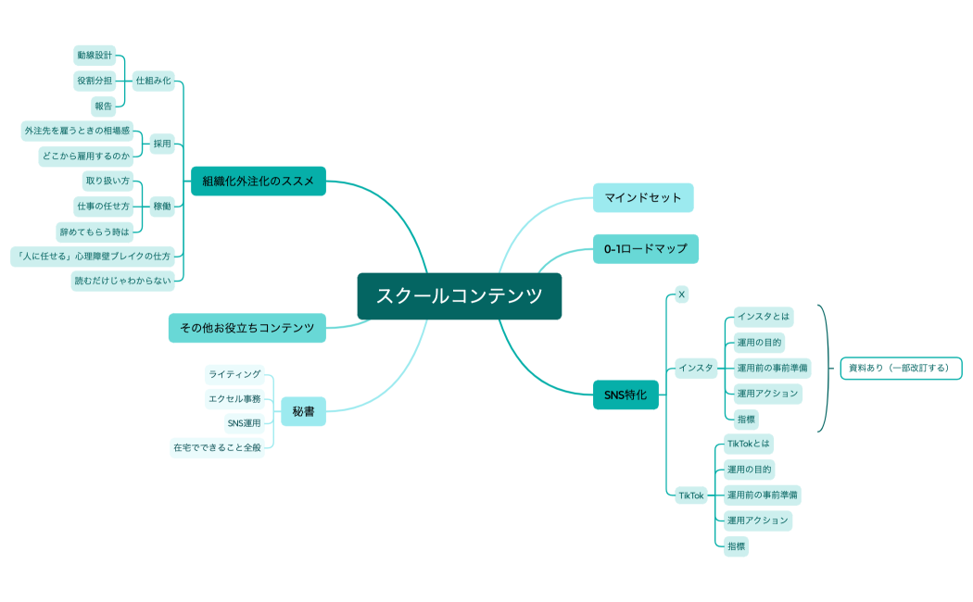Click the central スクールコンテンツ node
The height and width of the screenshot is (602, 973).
click(459, 296)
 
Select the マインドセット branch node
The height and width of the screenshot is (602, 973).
click(643, 197)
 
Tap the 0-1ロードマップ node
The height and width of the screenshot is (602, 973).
click(646, 248)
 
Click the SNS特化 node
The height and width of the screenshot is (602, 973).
click(625, 395)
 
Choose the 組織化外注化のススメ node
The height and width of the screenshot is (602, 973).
click(259, 181)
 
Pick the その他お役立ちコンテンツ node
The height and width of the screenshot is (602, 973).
click(246, 328)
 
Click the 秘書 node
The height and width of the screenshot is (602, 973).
click(303, 411)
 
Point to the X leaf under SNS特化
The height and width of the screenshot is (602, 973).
click(681, 295)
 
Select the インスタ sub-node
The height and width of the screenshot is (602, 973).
click(696, 368)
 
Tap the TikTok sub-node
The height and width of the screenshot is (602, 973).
click(691, 495)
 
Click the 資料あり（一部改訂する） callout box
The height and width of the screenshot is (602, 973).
click(901, 368)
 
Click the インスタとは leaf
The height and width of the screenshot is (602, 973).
click(764, 317)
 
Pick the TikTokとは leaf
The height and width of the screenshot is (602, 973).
click(749, 444)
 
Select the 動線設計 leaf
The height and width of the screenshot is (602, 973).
click(95, 56)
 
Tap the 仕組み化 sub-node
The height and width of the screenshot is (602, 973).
click(153, 81)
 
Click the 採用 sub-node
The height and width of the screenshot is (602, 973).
click(163, 144)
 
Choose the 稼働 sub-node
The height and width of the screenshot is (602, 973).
click(162, 206)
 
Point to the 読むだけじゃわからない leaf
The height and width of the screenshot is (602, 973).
click(123, 281)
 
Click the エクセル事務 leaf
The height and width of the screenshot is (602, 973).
click(234, 399)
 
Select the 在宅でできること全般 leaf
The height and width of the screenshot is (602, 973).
click(217, 447)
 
